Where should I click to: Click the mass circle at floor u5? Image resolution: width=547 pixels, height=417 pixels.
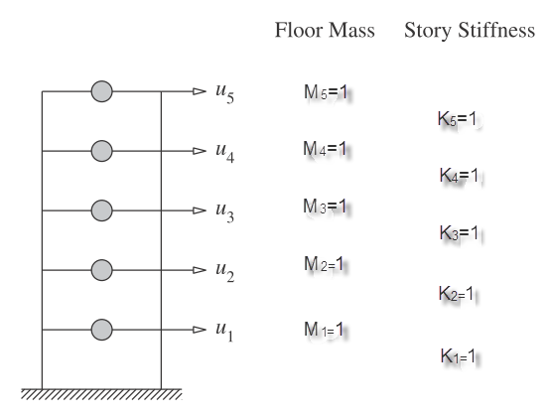point(101,91)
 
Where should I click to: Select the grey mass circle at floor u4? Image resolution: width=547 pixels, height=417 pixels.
point(101,151)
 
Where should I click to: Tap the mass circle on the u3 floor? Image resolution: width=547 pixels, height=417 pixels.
point(101,210)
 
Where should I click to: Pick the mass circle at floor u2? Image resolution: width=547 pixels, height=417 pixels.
point(101,270)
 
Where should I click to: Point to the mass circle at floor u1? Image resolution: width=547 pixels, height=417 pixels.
point(101,330)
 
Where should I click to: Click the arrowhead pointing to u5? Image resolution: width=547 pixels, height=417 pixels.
point(200,91)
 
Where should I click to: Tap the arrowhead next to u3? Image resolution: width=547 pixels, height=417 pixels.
point(200,210)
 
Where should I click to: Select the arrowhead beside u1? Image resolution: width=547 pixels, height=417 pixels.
point(200,330)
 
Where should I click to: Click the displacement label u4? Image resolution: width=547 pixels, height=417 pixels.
point(225,152)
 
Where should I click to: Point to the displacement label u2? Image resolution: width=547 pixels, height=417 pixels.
point(225,271)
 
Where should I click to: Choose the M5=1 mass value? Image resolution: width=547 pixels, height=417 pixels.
point(326,92)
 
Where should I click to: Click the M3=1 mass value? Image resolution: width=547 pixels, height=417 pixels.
point(325,206)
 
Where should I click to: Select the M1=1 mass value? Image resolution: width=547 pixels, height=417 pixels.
point(324,329)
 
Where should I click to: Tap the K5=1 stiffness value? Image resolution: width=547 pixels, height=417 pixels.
point(457,118)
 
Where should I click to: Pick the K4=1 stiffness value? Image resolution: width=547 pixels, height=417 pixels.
point(459,175)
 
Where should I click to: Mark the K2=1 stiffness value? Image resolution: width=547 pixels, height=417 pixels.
point(456,293)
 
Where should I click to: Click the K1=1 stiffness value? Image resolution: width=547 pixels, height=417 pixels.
point(458,355)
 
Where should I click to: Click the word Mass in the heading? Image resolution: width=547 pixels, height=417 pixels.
point(351,30)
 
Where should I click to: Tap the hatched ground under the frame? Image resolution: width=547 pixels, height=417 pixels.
point(101,394)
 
